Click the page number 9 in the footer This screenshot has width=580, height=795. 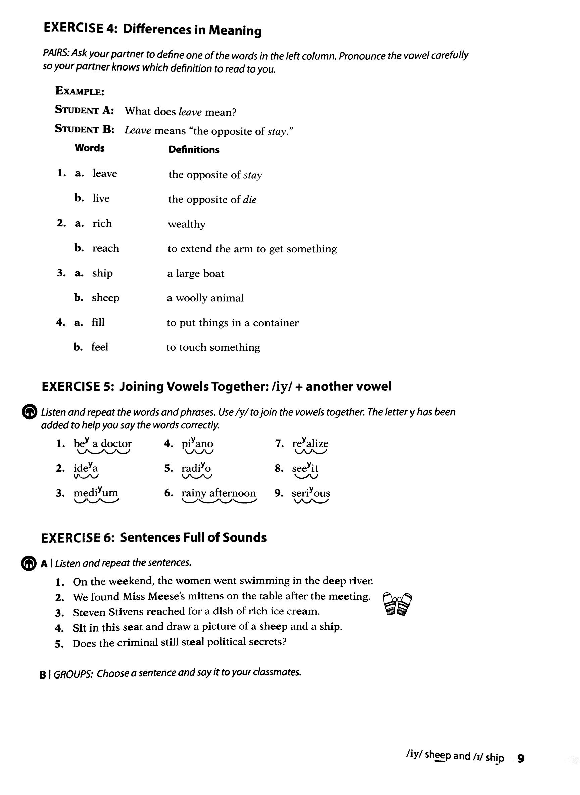(521, 758)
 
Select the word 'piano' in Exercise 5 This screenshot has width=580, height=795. (197, 443)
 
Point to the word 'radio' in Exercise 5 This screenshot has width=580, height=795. (196, 468)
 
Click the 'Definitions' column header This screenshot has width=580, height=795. (194, 150)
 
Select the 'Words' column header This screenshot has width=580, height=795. (90, 148)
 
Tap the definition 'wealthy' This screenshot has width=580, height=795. (186, 224)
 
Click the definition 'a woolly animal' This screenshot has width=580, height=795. (205, 298)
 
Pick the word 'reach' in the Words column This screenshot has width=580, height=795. (106, 248)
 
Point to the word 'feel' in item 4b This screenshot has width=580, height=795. (100, 347)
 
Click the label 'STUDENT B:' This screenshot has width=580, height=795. (85, 129)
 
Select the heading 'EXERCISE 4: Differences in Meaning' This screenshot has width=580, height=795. (152, 29)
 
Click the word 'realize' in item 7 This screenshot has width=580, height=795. (310, 443)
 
